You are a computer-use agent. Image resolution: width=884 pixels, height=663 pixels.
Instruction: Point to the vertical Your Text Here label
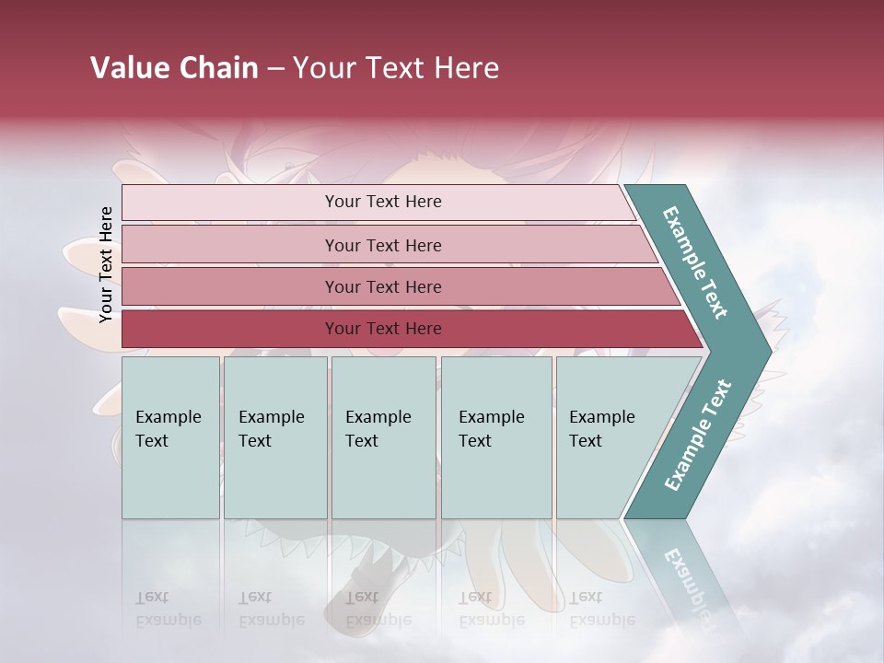click(x=106, y=264)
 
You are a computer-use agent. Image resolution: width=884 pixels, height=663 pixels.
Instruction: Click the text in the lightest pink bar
click(x=383, y=202)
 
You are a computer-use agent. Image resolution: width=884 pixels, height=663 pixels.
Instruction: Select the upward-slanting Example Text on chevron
click(x=697, y=436)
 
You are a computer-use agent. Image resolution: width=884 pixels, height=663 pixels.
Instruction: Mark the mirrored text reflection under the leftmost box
click(x=169, y=609)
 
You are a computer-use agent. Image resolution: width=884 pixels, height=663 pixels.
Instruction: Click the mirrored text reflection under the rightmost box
click(x=601, y=609)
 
